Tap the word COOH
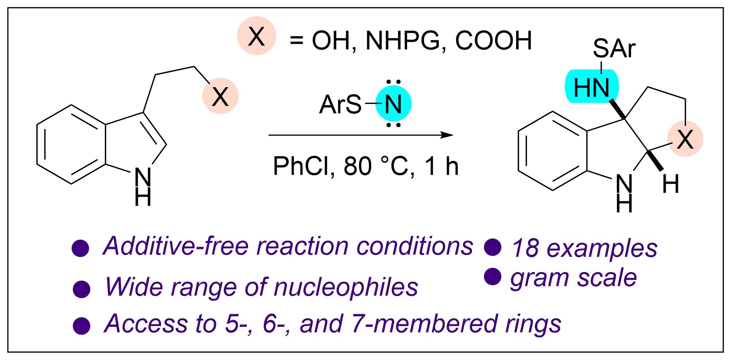tap(493, 40)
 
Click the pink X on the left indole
tap(220, 97)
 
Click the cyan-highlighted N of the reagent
tap(393, 104)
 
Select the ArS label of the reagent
tap(340, 105)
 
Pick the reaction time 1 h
tap(441, 166)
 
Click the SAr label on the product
tap(614, 48)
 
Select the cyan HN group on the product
tap(592, 87)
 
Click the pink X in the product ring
tap(685, 139)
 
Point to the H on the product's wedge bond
tap(670, 184)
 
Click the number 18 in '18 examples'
tap(525, 248)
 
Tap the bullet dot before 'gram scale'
tap(493, 277)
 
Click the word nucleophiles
tap(346, 287)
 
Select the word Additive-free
tap(176, 246)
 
